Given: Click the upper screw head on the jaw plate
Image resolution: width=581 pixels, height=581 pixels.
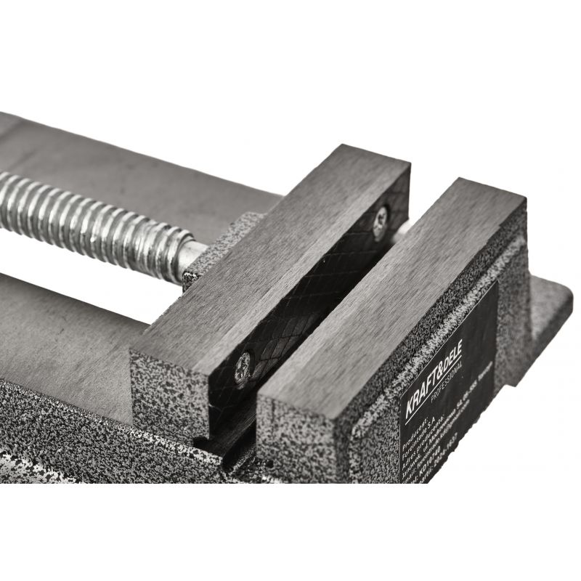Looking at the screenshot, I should [x=380, y=221].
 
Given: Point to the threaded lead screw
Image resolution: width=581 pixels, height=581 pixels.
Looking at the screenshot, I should [x=94, y=217].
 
